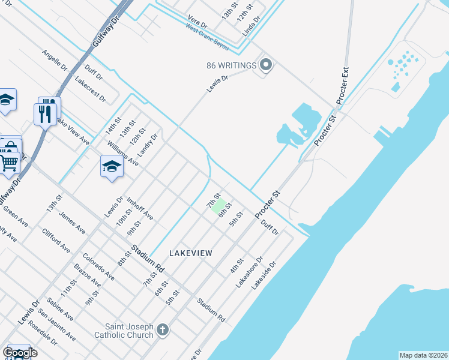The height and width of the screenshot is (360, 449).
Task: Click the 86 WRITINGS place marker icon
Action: [265, 65]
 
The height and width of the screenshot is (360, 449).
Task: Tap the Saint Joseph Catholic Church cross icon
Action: [163, 329]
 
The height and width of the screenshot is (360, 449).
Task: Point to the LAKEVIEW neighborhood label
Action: [190, 254]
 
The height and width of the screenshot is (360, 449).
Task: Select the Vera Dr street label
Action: [197, 22]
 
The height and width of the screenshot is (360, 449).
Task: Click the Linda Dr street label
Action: [252, 26]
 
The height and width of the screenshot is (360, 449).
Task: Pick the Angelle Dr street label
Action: [53, 62]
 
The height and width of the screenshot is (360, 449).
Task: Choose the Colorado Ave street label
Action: [98, 266]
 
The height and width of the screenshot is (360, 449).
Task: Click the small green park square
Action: [218, 205]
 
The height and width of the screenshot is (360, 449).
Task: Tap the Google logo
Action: [20, 353]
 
